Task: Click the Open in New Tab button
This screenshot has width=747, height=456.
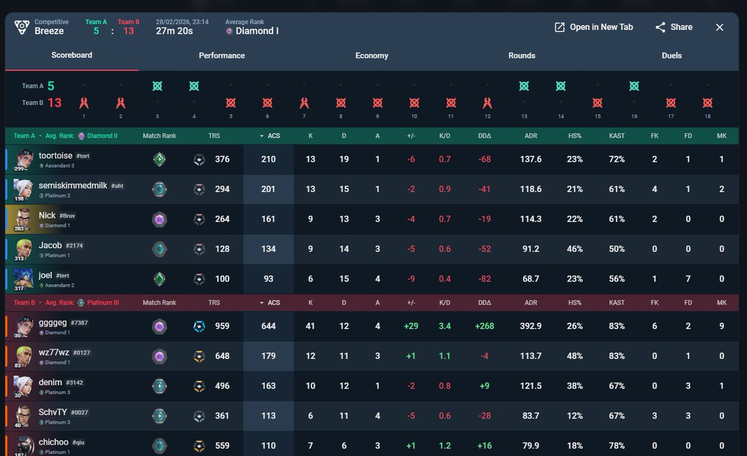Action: click(594, 27)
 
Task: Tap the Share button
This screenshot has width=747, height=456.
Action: click(674, 27)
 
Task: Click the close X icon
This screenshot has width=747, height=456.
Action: click(720, 27)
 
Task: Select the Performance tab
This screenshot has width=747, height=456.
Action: click(222, 55)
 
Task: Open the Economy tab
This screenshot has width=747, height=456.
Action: click(372, 55)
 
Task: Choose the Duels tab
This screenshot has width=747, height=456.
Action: click(672, 55)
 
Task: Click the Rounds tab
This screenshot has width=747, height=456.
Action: click(522, 55)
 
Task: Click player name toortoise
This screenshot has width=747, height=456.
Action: click(56, 156)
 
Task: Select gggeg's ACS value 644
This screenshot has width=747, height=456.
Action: click(268, 326)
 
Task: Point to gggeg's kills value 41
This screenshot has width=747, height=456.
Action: click(311, 326)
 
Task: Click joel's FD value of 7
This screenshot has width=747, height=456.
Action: click(688, 278)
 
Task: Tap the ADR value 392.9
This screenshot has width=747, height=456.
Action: click(530, 326)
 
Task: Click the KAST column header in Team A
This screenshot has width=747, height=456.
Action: click(617, 135)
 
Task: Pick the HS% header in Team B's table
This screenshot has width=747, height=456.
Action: click(575, 302)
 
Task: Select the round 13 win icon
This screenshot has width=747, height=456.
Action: click(524, 86)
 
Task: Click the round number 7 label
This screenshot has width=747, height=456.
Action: click(304, 116)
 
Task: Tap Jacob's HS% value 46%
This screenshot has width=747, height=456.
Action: click(575, 249)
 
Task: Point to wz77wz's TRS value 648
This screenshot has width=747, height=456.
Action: click(222, 356)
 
